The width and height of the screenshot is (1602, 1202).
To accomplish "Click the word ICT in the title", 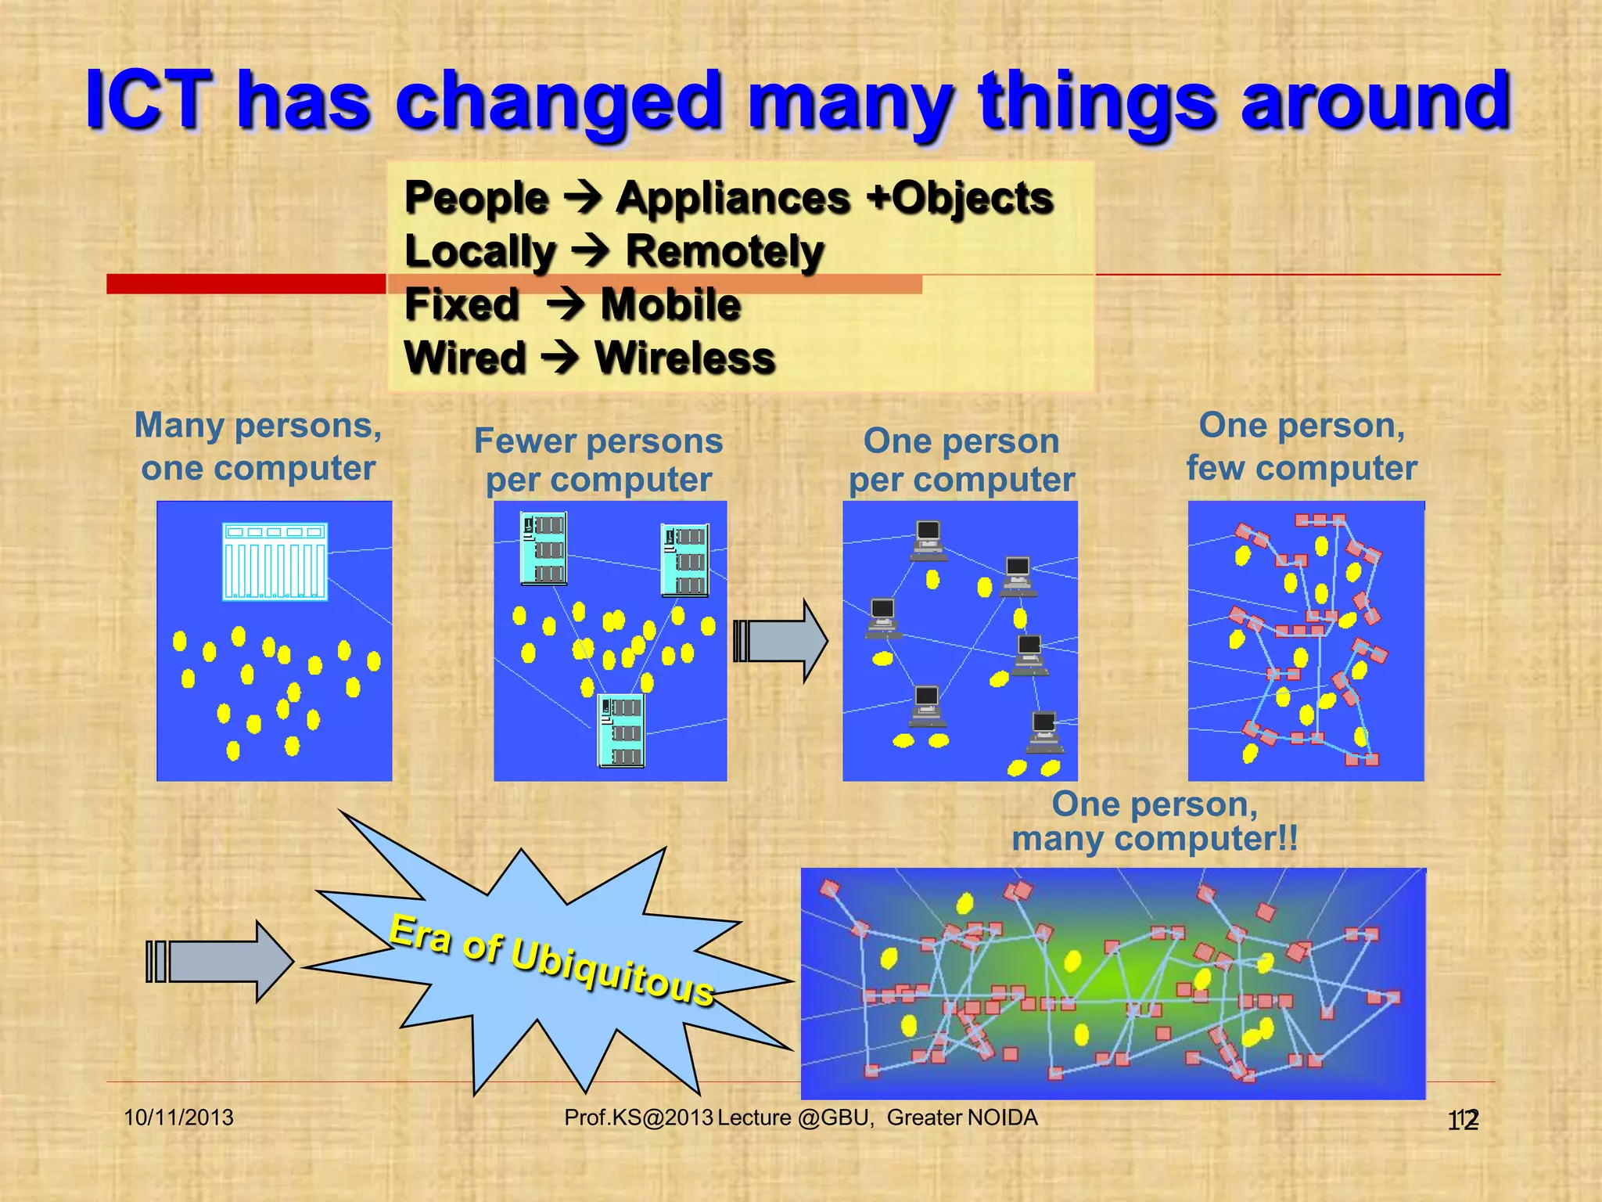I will point(149,100).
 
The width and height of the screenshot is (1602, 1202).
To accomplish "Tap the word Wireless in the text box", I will point(684,358).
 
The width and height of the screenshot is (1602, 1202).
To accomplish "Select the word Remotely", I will point(724,252).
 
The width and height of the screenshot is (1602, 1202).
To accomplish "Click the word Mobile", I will point(670,304).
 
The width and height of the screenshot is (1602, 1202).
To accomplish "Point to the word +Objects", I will point(960,198).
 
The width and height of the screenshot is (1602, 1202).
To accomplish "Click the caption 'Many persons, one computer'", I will point(258,447).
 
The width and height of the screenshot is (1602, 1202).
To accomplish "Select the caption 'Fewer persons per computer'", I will point(598,460).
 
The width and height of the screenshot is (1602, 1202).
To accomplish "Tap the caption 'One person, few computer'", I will point(1302,447).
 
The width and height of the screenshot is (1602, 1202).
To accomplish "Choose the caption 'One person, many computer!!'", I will point(1155,822).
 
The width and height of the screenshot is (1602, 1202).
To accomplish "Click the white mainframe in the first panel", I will point(275,561).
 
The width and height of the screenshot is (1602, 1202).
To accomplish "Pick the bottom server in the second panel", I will point(621,731).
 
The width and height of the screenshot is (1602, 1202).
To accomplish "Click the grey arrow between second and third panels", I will point(780,642).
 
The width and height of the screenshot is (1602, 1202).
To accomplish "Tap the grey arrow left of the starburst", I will point(220,961).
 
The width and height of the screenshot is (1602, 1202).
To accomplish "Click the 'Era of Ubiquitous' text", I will point(551,959).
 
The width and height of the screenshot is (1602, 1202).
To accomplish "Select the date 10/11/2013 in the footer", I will point(179,1117).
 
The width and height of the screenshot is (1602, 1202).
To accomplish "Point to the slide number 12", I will point(1463,1121).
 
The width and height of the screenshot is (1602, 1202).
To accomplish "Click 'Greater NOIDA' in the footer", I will point(962,1117).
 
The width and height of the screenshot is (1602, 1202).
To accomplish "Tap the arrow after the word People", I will point(583,198).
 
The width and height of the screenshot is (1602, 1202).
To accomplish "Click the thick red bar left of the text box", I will point(246,283).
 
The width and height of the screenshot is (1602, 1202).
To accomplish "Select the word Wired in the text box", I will point(465,358).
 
